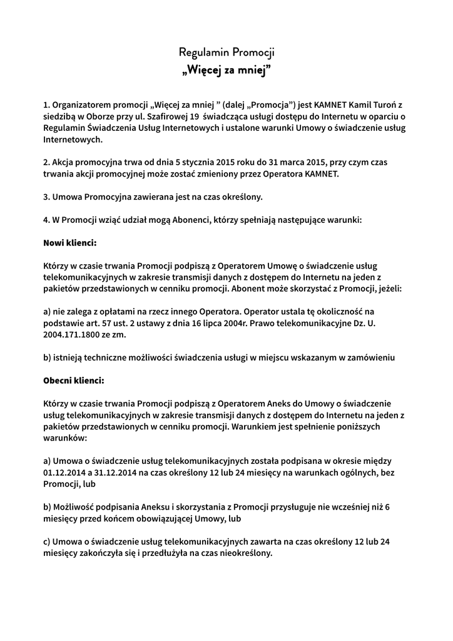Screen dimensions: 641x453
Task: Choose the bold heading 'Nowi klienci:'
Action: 69,242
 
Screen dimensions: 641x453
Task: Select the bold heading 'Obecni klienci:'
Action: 74,380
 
